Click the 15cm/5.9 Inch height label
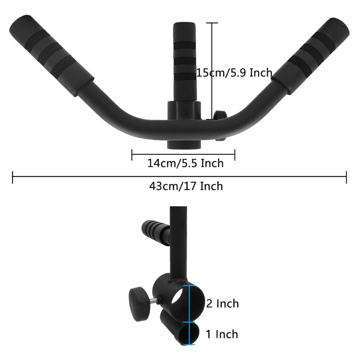coord(234,73)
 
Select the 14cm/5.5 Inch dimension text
coord(185,163)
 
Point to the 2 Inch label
coord(222,303)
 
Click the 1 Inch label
coord(222,334)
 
